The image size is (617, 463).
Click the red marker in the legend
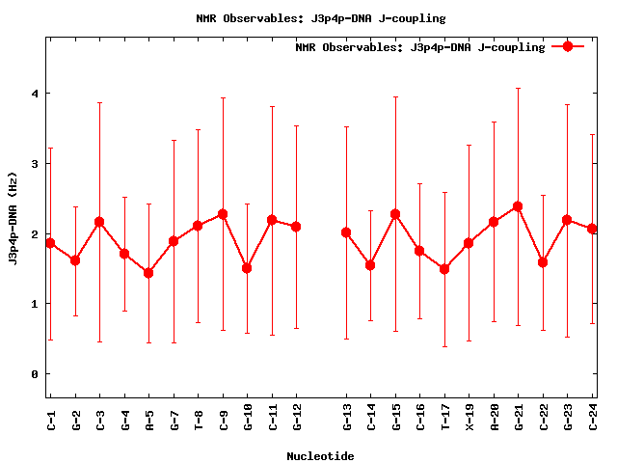coord(568,46)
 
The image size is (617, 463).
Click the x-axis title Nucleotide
coord(320,456)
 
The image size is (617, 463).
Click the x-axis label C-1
coord(50,418)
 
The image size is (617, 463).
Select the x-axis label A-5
coord(148,418)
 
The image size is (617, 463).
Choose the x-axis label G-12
coord(297,418)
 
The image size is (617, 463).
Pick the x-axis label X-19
coord(469,418)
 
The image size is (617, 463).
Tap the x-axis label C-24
coord(593,418)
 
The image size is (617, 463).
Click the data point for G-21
coord(519,206)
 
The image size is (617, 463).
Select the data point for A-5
coord(148,273)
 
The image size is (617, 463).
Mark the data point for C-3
coord(99,222)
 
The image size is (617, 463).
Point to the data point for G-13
coord(346,232)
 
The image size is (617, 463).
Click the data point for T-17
coord(444,269)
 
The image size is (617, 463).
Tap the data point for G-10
coord(248,268)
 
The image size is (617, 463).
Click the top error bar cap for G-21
coord(519,88)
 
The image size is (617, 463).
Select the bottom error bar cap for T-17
coord(444,346)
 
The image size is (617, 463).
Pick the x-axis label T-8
coord(199,418)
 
